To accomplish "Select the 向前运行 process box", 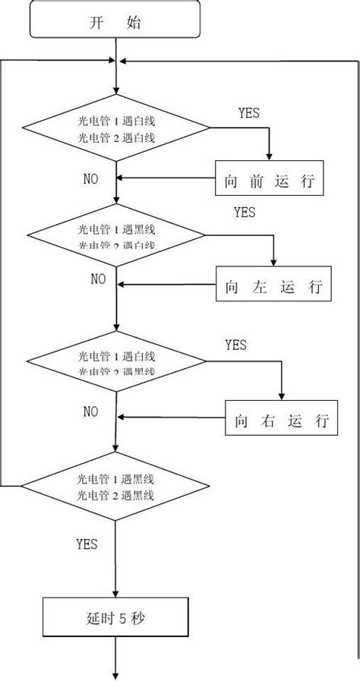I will [x=270, y=179].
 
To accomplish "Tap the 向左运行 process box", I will [x=274, y=286].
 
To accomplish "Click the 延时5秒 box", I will [x=115, y=618].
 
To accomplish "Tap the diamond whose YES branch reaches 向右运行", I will [x=115, y=364].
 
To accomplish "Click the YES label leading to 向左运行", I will [x=245, y=212].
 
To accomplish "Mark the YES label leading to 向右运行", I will [x=235, y=345].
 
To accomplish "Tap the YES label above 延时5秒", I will [x=86, y=544].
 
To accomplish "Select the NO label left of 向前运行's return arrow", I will [x=90, y=179].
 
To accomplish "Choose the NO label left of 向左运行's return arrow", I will [x=99, y=279].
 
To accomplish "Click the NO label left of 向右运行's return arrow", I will [x=90, y=411].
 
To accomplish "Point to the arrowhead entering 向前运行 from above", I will [x=269, y=156].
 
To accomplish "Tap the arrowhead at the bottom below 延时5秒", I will [x=115, y=675].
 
